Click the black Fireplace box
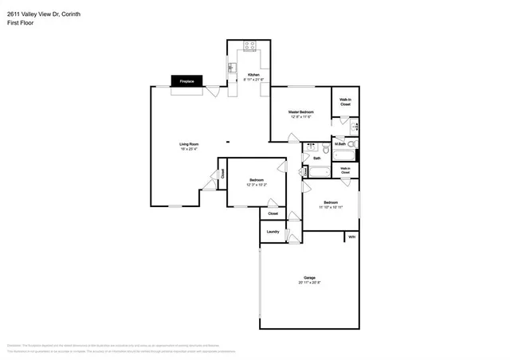[x=187, y=81]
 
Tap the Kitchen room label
[x=253, y=75]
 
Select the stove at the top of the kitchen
[x=249, y=46]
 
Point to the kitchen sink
[x=233, y=68]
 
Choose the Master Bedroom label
[x=301, y=112]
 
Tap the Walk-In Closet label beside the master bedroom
[x=345, y=102]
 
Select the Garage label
[x=309, y=277]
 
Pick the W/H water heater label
[x=351, y=237]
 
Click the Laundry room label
[x=273, y=232]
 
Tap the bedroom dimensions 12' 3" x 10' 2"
[x=257, y=185]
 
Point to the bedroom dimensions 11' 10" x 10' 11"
[x=331, y=206]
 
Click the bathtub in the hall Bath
[x=316, y=171]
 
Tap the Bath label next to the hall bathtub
[x=316, y=158]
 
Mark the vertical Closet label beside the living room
[x=222, y=172]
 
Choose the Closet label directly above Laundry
[x=273, y=213]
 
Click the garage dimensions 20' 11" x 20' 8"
[x=309, y=283]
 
